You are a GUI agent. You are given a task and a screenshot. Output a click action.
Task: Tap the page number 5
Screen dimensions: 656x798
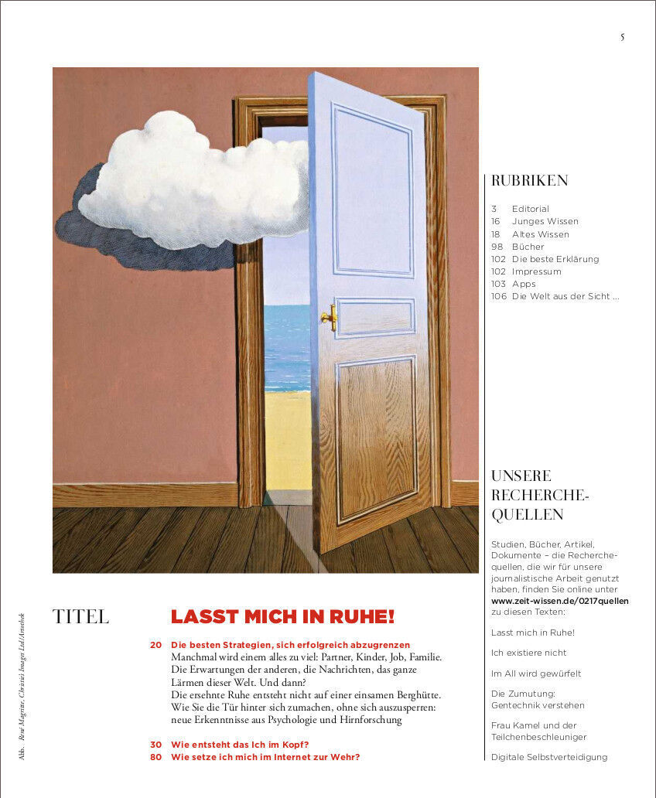click(x=622, y=37)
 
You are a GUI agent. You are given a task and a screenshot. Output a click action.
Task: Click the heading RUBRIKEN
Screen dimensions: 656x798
click(x=530, y=181)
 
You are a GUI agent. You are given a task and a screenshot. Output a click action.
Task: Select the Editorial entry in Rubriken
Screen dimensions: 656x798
click(x=530, y=209)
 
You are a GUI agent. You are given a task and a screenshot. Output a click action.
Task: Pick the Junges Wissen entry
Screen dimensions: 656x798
click(x=545, y=221)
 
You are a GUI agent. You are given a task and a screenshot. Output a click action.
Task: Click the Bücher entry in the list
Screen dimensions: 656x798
click(x=528, y=247)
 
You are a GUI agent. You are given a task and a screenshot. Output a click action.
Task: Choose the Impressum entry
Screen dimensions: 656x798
click(x=536, y=271)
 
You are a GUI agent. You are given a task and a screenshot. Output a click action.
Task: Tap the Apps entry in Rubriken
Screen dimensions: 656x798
click(x=524, y=284)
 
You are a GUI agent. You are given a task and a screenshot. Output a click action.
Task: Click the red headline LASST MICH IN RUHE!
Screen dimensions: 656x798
click(x=282, y=617)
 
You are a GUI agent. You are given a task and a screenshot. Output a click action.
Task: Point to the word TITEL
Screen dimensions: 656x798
click(x=80, y=617)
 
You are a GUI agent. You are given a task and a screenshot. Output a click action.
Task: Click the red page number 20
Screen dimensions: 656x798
click(x=155, y=645)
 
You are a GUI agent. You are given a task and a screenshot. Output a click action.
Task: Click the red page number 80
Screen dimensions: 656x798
click(x=155, y=757)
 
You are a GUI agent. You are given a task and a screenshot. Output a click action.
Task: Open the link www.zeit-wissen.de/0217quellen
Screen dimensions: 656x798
click(x=559, y=601)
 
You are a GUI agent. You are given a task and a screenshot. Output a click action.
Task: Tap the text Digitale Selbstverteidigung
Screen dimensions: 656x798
click(x=549, y=757)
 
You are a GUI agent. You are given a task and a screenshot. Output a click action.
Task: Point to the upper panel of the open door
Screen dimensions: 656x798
click(x=372, y=190)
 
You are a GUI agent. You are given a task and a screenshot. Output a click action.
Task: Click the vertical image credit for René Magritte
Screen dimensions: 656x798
click(x=22, y=681)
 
